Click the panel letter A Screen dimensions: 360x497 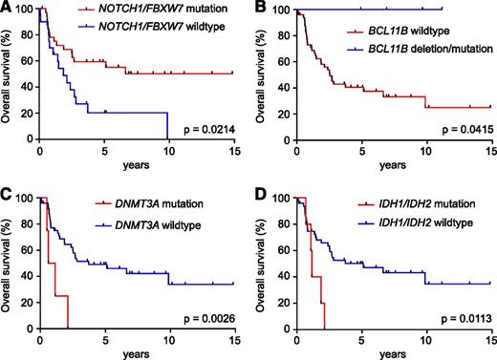coord(8,9)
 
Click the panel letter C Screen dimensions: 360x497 coord(8,192)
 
